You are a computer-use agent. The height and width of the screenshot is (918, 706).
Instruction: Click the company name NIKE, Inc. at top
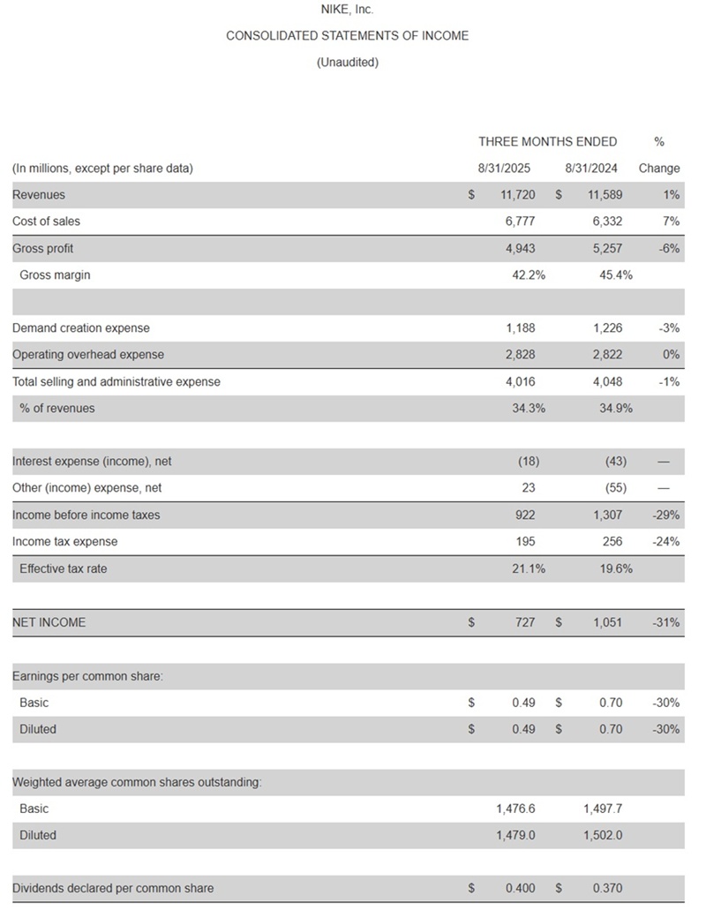click(347, 10)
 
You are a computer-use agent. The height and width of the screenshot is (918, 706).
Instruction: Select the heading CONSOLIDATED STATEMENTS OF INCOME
click(347, 36)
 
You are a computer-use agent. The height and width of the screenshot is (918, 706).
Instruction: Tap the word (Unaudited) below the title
click(347, 62)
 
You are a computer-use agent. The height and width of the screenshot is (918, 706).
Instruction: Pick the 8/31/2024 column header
click(591, 168)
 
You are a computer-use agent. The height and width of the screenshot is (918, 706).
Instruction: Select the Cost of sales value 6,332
click(605, 221)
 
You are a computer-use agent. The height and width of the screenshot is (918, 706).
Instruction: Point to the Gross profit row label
click(42, 248)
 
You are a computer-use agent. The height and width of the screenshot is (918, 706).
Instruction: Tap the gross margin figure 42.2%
click(529, 275)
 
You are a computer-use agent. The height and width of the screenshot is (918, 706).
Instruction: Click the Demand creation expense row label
click(81, 327)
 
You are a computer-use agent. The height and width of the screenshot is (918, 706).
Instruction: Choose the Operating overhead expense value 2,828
click(520, 354)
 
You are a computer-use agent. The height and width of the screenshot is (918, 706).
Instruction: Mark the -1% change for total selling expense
click(670, 381)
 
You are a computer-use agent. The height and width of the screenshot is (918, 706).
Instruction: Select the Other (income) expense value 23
click(527, 487)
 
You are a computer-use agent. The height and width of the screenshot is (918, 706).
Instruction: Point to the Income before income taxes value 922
click(523, 515)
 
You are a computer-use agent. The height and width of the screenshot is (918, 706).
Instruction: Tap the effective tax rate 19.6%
click(616, 568)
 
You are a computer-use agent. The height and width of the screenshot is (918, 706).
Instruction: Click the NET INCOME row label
click(49, 622)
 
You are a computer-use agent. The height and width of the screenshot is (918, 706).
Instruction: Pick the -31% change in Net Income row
click(666, 622)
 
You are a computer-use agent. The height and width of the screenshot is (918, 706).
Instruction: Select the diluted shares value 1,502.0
click(603, 835)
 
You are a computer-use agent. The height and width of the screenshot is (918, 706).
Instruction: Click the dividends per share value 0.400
click(520, 888)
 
